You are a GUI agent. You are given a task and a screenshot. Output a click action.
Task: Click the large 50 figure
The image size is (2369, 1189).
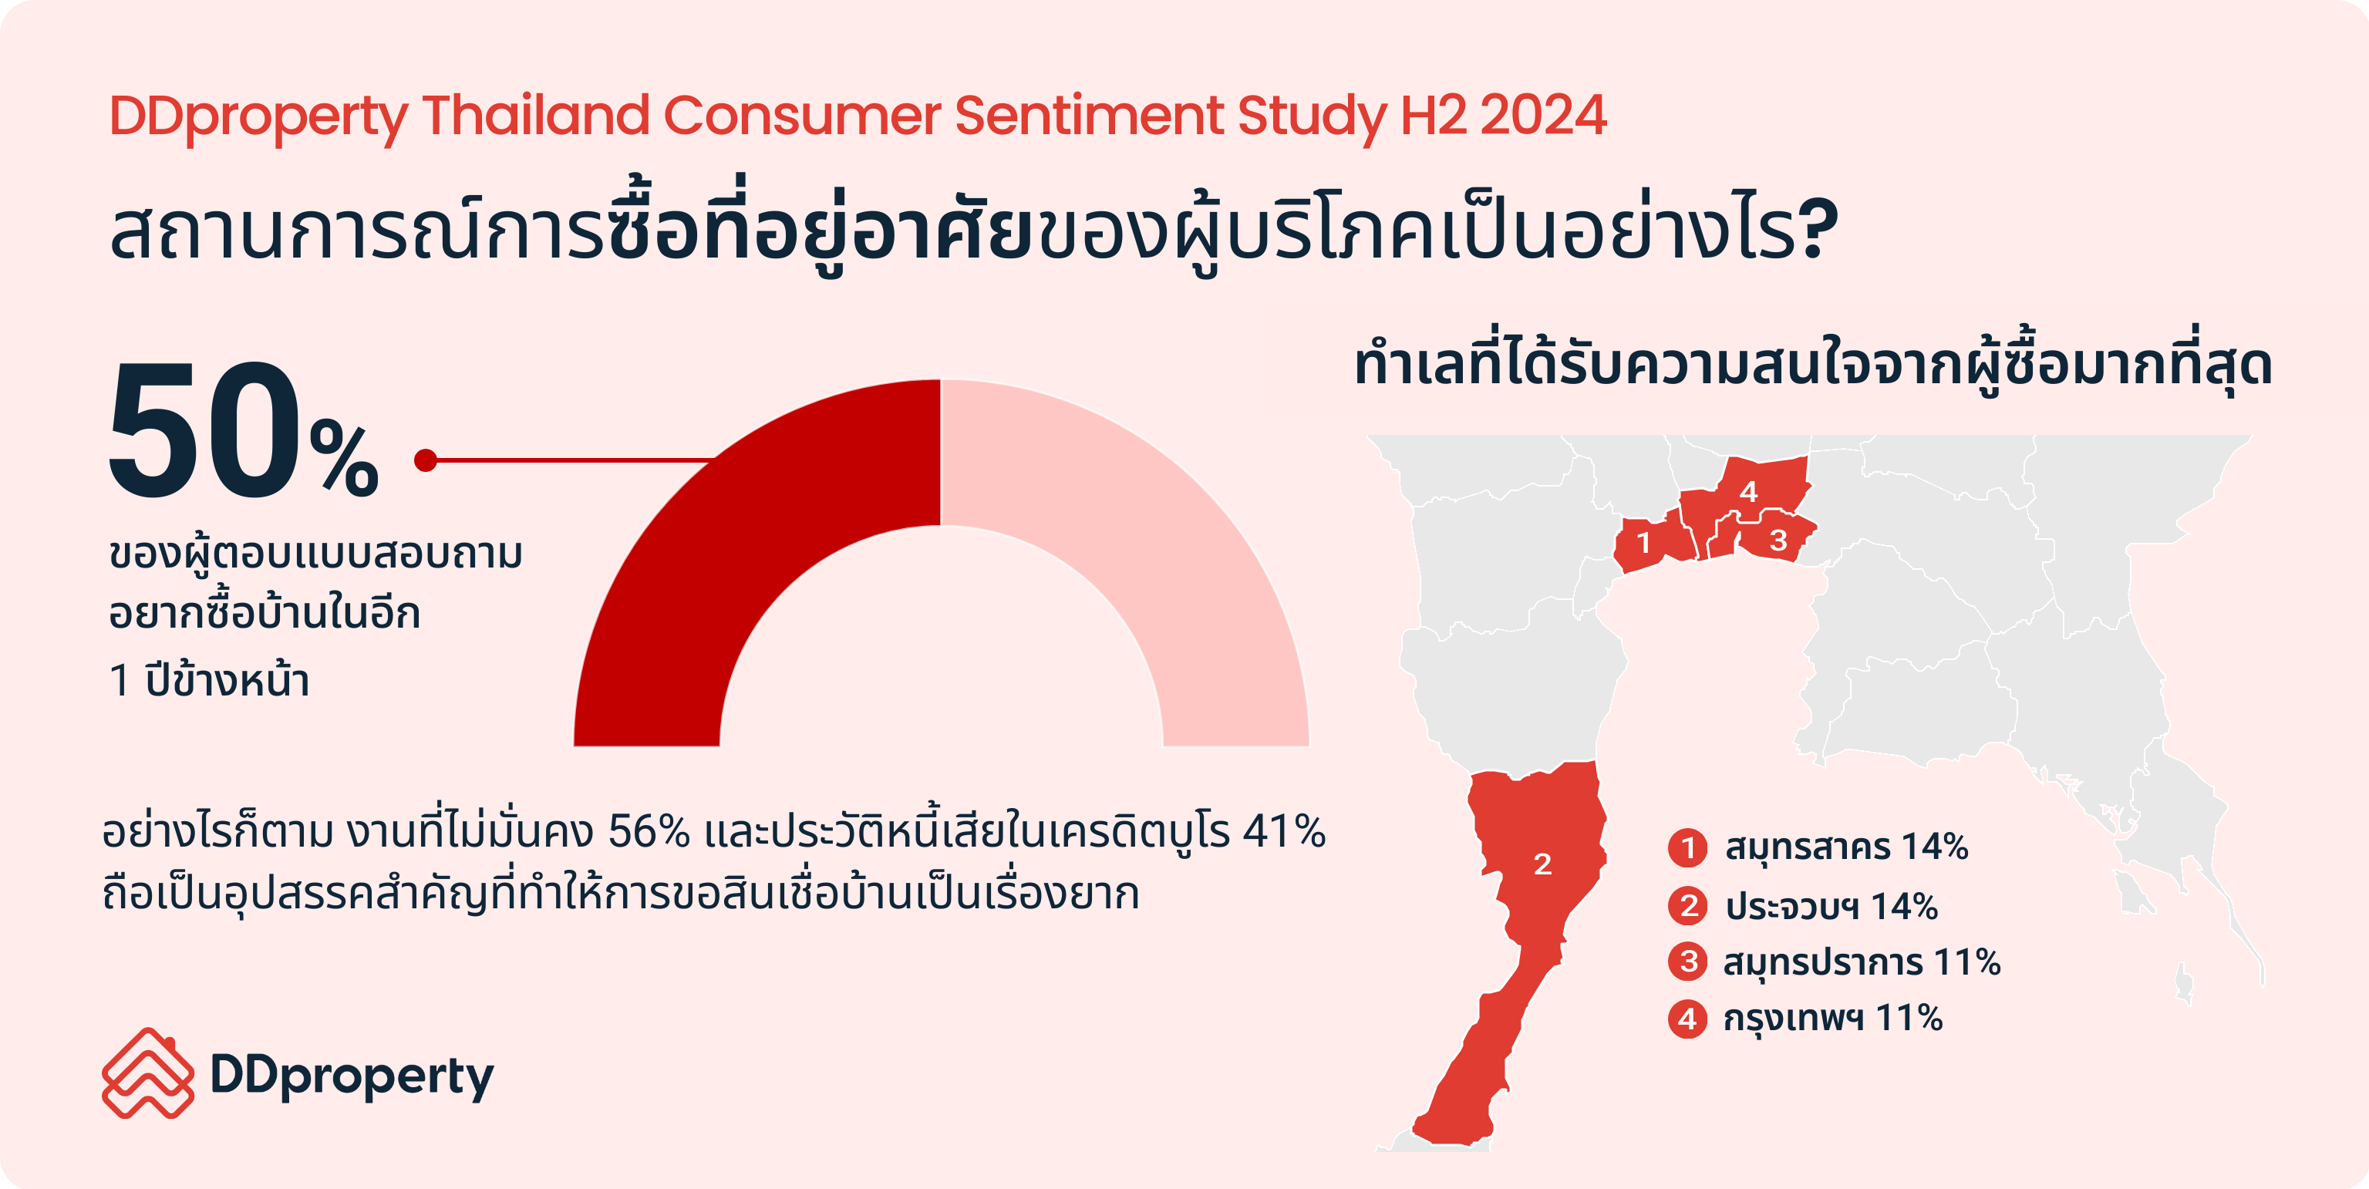tap(204, 430)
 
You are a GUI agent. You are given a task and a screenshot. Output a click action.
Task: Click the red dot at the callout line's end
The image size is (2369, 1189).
tap(425, 460)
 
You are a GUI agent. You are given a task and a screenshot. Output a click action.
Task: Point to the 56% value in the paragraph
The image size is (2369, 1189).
tap(649, 831)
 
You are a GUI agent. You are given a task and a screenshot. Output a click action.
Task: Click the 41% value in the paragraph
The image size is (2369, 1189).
tap(1284, 831)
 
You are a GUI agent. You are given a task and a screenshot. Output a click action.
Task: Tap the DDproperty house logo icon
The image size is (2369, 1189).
tap(148, 1073)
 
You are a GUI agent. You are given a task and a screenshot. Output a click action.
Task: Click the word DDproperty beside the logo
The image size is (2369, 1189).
tap(352, 1076)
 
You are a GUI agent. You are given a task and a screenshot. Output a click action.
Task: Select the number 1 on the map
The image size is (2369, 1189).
tap(1643, 544)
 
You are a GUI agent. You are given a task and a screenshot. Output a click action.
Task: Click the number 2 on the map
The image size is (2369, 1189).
tap(1542, 864)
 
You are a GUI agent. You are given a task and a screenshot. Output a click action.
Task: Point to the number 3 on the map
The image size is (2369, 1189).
tap(1778, 541)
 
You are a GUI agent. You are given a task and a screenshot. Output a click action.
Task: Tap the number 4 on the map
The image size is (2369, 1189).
tap(1748, 491)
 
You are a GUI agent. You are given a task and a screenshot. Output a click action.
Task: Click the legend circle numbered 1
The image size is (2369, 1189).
tap(1687, 847)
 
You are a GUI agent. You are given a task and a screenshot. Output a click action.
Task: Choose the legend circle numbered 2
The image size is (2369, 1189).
tap(1687, 906)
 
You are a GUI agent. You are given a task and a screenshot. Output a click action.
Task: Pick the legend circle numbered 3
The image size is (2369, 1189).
tap(1687, 962)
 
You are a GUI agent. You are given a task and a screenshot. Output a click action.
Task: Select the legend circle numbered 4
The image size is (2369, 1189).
tap(1687, 1018)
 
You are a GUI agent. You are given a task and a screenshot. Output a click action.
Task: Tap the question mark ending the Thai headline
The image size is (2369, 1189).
tap(1819, 230)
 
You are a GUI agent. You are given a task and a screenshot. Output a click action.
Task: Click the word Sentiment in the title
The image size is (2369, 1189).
tap(1088, 116)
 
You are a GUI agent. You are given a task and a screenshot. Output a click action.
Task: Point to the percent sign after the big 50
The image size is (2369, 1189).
tap(344, 459)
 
